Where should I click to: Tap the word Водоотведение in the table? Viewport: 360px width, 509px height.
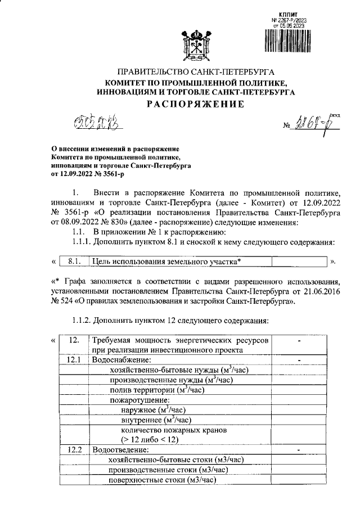click(121, 450)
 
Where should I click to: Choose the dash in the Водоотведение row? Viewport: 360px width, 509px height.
click(299, 450)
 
